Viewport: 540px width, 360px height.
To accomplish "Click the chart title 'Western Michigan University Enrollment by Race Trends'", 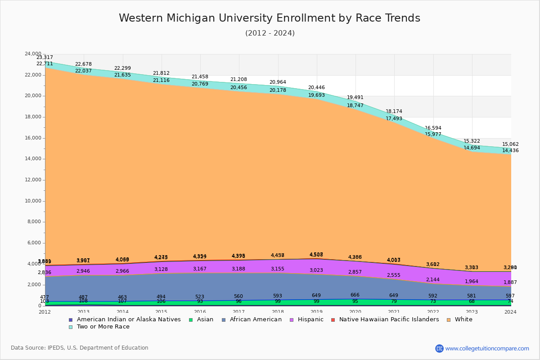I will [x=270, y=18].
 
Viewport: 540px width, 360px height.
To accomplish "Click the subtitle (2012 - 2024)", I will [x=270, y=33].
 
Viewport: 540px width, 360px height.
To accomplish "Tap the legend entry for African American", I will [x=255, y=319].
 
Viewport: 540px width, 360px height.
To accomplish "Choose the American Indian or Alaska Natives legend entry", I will [x=128, y=319].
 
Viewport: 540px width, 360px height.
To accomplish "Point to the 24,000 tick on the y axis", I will [x=33, y=54].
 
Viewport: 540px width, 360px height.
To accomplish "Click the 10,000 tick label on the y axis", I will [x=33, y=201].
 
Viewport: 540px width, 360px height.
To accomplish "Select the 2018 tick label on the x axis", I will [x=278, y=312].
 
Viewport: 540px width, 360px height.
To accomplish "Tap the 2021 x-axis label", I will [x=395, y=312].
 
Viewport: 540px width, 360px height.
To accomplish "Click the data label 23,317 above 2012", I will [x=45, y=58].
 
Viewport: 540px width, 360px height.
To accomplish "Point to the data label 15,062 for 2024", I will [x=510, y=144].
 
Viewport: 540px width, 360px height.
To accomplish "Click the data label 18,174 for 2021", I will [x=394, y=112].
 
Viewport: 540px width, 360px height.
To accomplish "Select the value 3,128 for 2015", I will [x=161, y=270].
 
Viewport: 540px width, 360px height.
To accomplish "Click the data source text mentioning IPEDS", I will [x=80, y=348].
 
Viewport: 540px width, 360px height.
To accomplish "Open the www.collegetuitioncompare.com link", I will [x=487, y=348].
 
